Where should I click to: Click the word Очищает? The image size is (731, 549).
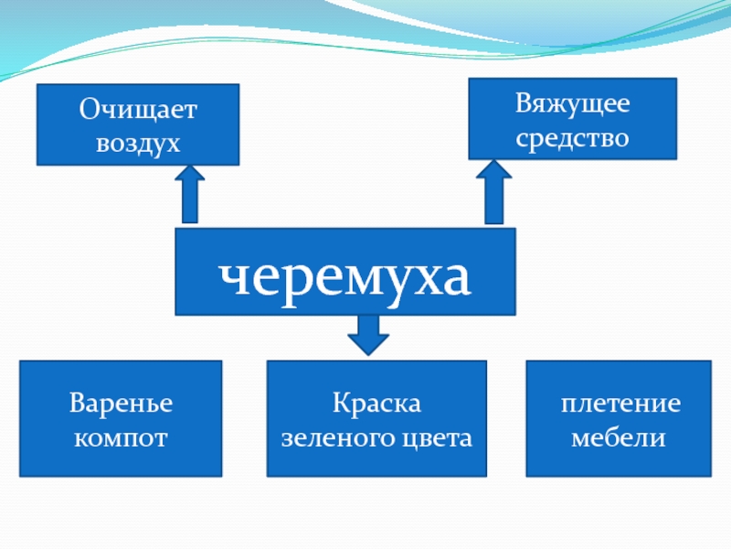click(137, 111)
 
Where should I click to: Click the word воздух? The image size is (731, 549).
click(137, 144)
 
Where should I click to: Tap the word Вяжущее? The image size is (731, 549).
click(572, 103)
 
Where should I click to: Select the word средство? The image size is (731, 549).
click(572, 137)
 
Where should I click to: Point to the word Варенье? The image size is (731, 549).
click(122, 404)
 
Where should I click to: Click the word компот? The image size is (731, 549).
click(122, 438)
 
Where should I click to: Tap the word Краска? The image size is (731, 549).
click(376, 404)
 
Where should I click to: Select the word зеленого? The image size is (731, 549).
click(337, 438)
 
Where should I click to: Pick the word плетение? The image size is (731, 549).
click(620, 404)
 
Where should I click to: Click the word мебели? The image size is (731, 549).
click(619, 438)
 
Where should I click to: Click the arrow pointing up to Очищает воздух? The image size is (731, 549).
click(190, 194)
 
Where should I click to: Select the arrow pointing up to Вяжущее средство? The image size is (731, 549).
click(493, 192)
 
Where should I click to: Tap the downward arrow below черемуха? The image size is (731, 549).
click(368, 334)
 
